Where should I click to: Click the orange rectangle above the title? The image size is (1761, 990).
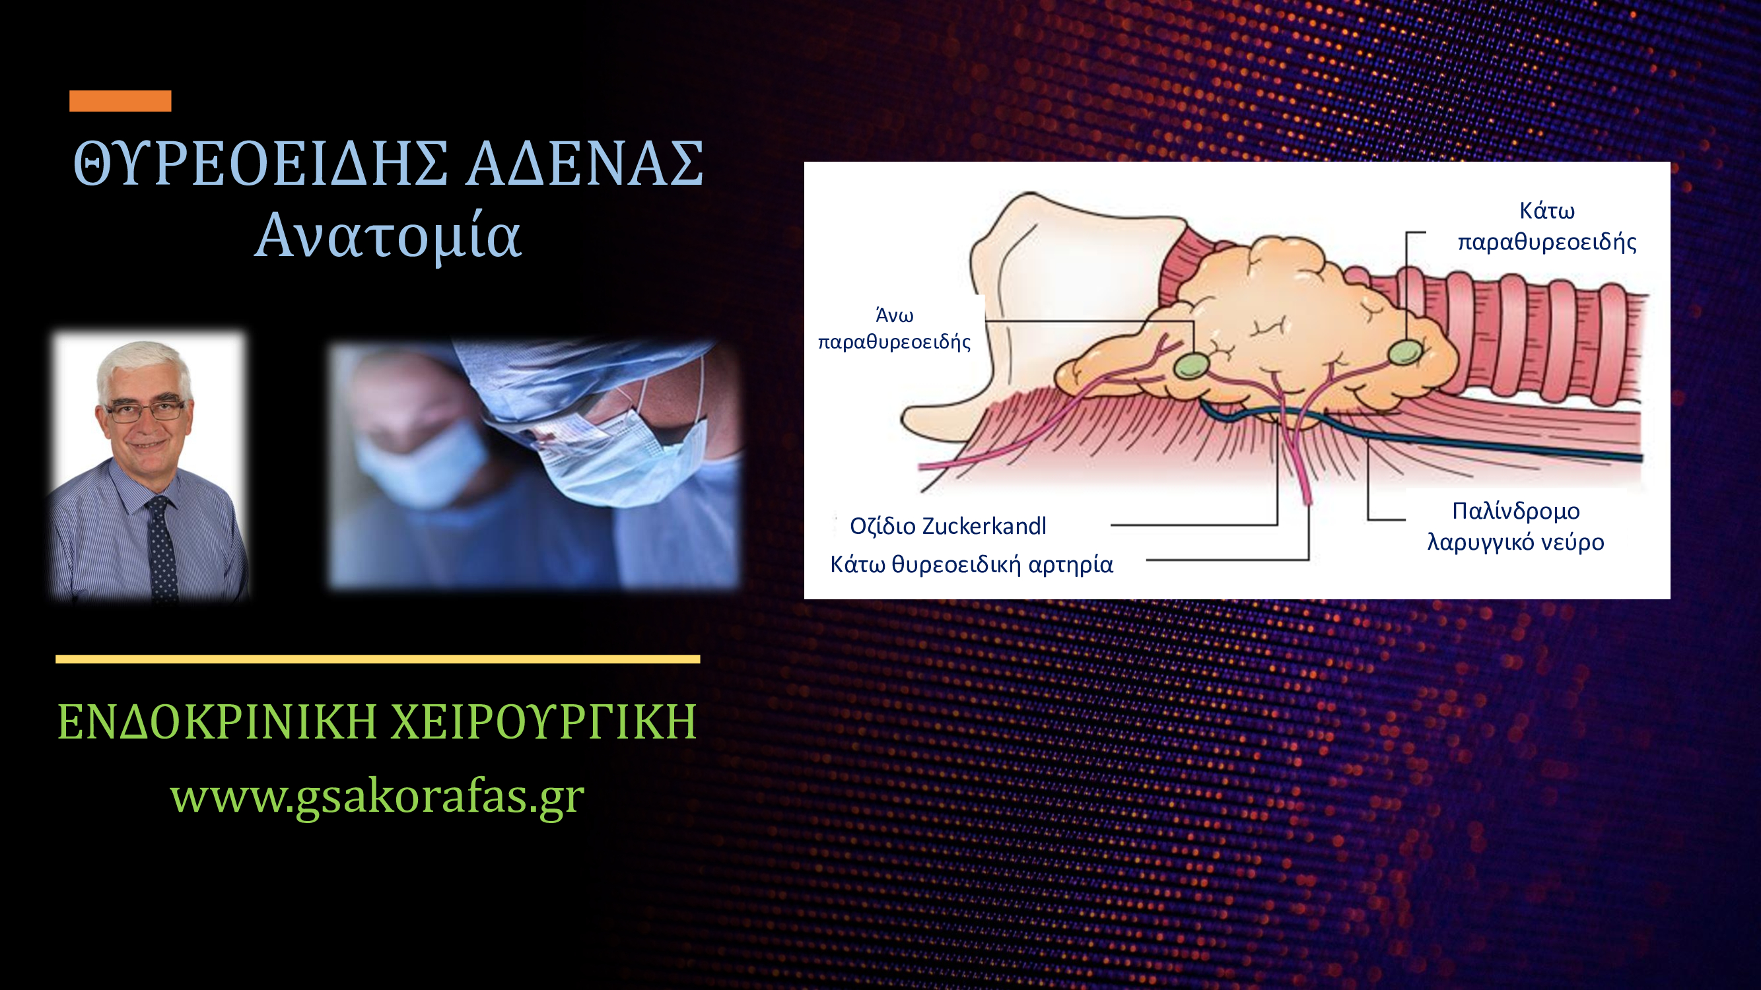pyautogui.click(x=120, y=100)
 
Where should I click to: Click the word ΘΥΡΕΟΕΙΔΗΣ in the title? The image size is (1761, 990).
pyautogui.click(x=260, y=163)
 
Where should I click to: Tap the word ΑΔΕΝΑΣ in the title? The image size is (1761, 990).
pyautogui.click(x=585, y=163)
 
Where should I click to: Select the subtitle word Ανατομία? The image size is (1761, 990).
pyautogui.click(x=388, y=236)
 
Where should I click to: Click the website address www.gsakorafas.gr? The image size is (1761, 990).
pyautogui.click(x=378, y=796)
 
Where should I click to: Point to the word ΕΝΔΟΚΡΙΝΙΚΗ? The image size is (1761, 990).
pyautogui.click(x=217, y=721)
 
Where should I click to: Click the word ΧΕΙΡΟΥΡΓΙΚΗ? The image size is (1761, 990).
pyautogui.click(x=543, y=721)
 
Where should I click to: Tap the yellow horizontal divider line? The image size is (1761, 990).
pyautogui.click(x=378, y=659)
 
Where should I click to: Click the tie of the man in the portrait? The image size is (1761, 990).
pyautogui.click(x=162, y=546)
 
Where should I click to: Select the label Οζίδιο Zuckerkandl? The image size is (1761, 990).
pyautogui.click(x=948, y=526)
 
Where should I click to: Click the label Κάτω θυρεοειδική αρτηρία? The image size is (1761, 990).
pyautogui.click(x=971, y=564)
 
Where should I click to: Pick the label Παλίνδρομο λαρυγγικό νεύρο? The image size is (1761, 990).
pyautogui.click(x=1515, y=526)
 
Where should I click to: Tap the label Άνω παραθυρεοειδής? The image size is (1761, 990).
pyautogui.click(x=894, y=328)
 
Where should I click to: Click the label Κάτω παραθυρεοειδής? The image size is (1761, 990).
pyautogui.click(x=1547, y=226)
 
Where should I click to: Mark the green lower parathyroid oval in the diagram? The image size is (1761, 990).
pyautogui.click(x=1405, y=352)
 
